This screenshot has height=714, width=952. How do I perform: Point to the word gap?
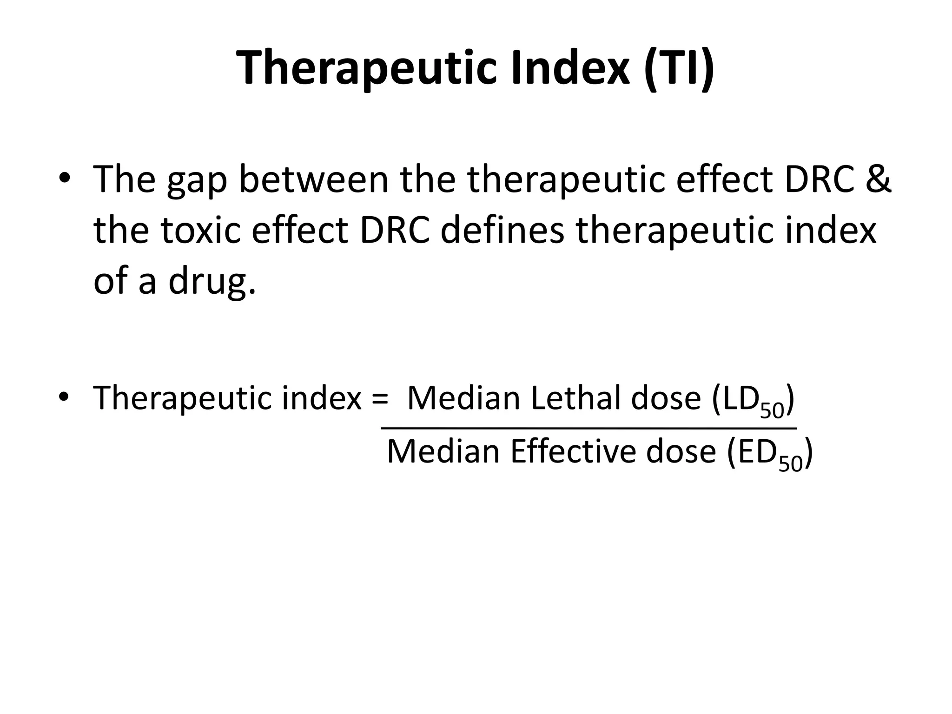coord(197,181)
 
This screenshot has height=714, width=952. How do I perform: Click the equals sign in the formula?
coord(380,398)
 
